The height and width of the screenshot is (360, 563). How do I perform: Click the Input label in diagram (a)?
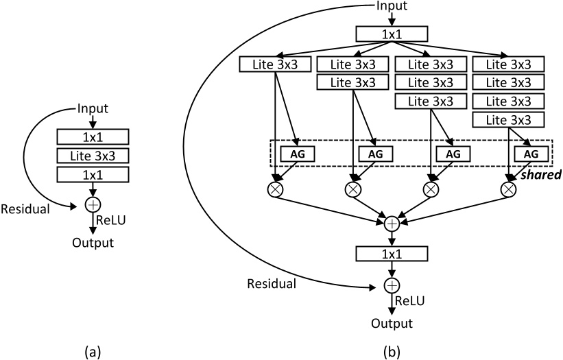point(93,108)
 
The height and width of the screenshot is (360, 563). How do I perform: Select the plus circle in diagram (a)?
point(93,204)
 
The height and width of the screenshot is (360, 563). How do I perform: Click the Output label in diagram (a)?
point(93,242)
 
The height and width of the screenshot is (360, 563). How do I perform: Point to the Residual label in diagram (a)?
point(26,208)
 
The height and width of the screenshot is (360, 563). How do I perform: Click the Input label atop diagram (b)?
point(392,6)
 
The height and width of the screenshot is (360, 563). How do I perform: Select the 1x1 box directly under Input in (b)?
point(392,34)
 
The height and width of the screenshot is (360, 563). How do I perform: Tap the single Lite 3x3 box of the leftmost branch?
point(275,64)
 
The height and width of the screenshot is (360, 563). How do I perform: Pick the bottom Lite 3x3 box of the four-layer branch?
point(509,119)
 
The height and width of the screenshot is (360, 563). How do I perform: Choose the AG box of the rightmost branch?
point(531,154)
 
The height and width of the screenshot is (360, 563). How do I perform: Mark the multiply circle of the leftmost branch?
point(275,189)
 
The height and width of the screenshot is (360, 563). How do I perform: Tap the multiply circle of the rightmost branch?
point(509,189)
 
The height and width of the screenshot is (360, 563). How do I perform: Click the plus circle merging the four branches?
point(392,224)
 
